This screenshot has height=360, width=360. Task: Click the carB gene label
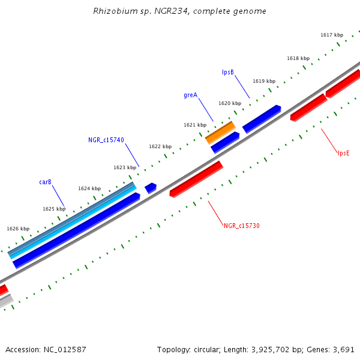[x=46, y=182]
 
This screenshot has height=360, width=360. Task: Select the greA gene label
[x=190, y=95]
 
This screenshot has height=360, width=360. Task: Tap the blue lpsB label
[x=228, y=73]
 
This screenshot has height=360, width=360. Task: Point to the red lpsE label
[x=343, y=153]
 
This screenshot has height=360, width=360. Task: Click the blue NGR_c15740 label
[x=106, y=140]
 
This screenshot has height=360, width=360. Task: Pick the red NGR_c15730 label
[x=241, y=226]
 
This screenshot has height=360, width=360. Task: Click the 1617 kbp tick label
[x=332, y=35]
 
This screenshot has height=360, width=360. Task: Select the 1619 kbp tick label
[x=264, y=81]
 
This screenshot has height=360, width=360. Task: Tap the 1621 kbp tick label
[x=195, y=125]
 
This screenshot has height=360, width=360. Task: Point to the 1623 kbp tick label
[x=125, y=167]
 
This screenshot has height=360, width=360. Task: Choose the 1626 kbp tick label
[x=18, y=229]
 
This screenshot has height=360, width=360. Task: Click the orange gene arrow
[x=220, y=132]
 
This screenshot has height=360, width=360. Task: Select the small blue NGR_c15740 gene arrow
[x=151, y=188]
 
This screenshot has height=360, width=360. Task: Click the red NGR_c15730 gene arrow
[x=196, y=179]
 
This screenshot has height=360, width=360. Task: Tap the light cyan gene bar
[x=72, y=222]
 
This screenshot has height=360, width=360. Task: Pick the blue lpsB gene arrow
[x=262, y=119]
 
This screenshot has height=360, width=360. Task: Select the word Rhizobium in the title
[x=112, y=11]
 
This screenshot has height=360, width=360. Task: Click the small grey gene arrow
[x=6, y=301]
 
